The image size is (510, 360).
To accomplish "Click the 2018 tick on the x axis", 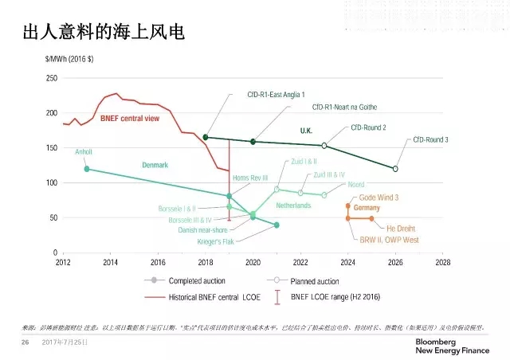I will [206, 260].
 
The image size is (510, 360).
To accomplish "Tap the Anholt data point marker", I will [86, 169].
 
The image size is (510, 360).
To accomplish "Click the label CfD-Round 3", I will [453, 139].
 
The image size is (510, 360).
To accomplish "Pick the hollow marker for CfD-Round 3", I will [396, 168].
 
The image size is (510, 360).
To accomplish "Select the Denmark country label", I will [155, 165].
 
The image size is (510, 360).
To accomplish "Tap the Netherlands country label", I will [292, 205].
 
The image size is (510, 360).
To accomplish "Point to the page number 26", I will [25, 342].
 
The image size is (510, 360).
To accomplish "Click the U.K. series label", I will [309, 130].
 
